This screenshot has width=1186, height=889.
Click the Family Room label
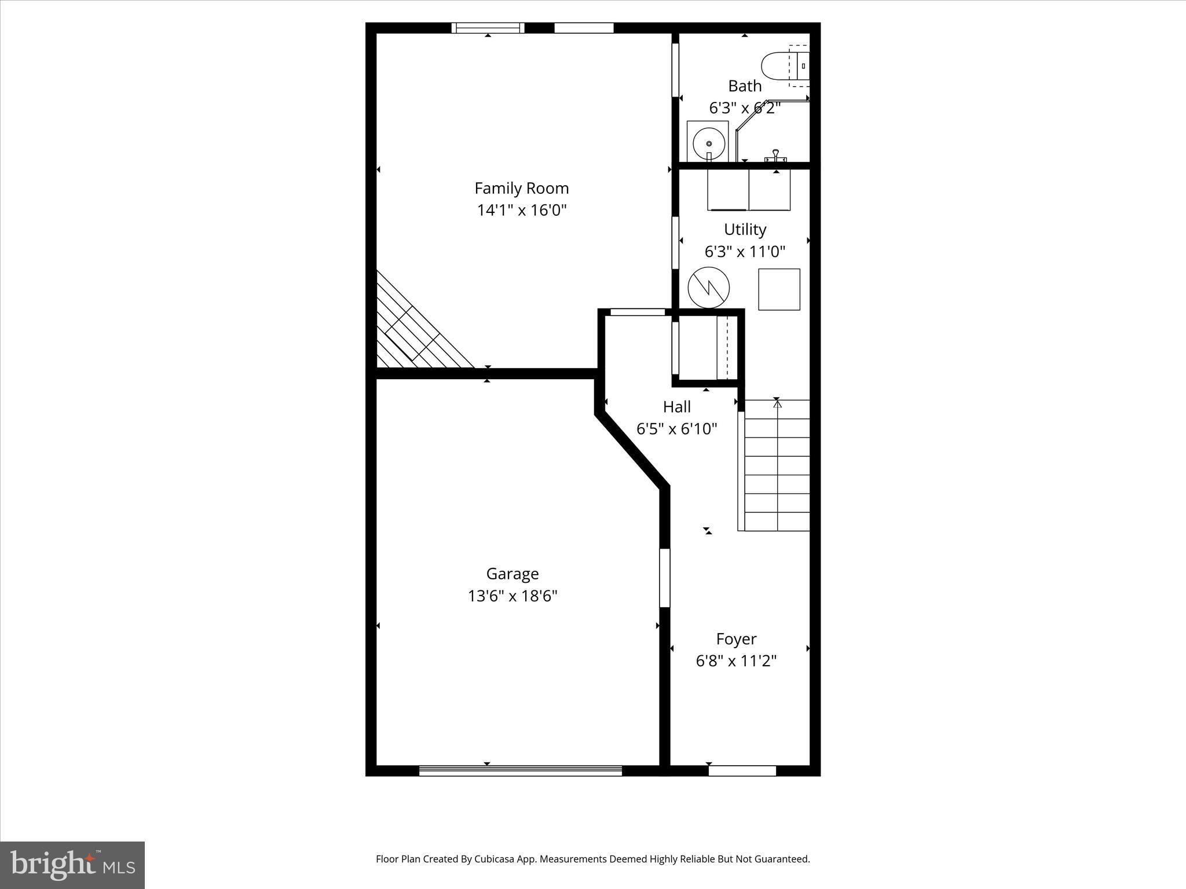521,188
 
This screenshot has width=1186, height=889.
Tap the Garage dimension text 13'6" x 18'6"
513,596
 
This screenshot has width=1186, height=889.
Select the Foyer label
736,639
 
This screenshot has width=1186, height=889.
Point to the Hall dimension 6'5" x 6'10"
676,429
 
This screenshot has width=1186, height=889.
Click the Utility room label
745,230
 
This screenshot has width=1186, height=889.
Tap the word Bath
745,86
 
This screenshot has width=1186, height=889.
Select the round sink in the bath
708,142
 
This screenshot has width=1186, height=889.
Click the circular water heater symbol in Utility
708,288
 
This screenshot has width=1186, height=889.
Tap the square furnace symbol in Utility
779,289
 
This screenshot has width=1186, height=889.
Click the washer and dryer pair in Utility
749,190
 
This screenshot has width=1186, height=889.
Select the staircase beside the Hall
776,465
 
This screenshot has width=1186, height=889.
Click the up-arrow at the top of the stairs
777,404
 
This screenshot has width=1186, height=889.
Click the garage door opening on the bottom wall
520,770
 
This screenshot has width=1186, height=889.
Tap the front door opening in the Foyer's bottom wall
742,770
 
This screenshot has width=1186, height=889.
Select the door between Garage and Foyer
665,578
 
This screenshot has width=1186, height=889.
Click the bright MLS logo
72,865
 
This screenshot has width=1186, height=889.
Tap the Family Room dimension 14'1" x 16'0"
521,210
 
